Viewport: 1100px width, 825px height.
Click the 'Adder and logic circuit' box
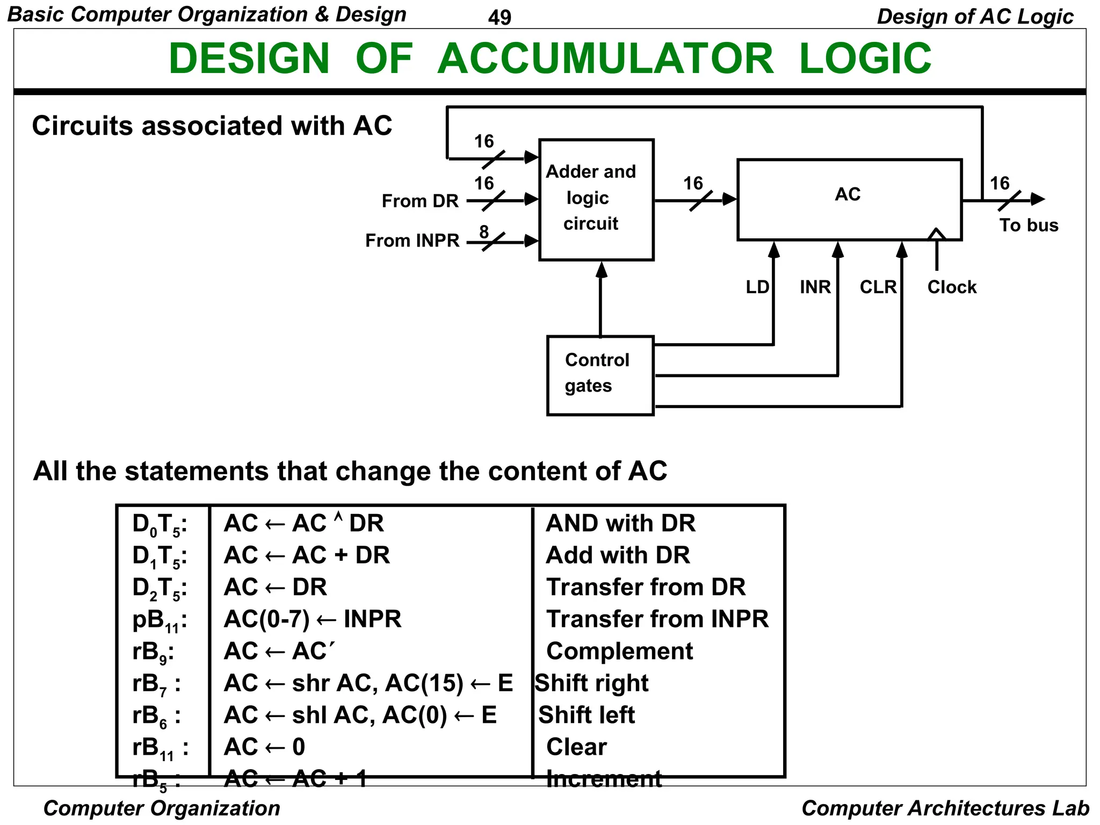click(x=596, y=199)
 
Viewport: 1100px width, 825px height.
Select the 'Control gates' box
click(x=600, y=375)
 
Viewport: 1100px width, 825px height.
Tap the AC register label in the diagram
click(x=848, y=194)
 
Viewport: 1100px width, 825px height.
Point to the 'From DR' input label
click(x=420, y=201)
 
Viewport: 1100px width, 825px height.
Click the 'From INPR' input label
click(x=412, y=240)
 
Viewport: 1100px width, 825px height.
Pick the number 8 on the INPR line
click(x=484, y=231)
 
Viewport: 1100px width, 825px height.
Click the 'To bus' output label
click(x=1029, y=225)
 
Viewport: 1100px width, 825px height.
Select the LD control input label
click(x=757, y=287)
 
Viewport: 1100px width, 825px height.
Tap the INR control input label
click(x=815, y=287)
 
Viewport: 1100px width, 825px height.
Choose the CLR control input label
click(x=878, y=287)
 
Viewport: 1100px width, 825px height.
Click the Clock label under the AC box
click(x=952, y=287)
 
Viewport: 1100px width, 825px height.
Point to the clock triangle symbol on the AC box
click(x=937, y=234)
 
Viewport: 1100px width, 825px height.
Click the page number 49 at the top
click(x=500, y=18)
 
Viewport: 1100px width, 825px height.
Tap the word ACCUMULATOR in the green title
click(x=605, y=59)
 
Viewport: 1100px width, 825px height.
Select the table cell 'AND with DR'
click(x=620, y=523)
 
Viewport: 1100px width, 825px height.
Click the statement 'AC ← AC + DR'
click(x=307, y=555)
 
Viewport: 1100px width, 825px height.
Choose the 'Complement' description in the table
click(x=619, y=651)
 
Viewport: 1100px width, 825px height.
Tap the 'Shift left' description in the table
click(x=587, y=715)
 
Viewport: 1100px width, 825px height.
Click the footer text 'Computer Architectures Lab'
click(x=945, y=808)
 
